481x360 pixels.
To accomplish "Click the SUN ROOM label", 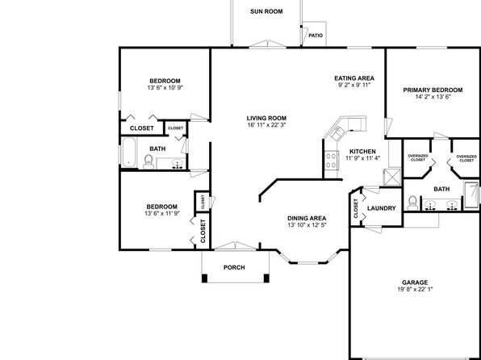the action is pyautogui.click(x=266, y=11).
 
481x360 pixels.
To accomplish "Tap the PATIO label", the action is pyautogui.click(x=316, y=36).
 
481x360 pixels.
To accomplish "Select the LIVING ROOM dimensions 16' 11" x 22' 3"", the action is pyautogui.click(x=266, y=125).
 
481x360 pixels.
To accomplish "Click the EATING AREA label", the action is pyautogui.click(x=354, y=78).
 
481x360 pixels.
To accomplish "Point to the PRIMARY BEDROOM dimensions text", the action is pyautogui.click(x=433, y=97).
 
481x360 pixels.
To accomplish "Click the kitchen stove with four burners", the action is pyautogui.click(x=332, y=160).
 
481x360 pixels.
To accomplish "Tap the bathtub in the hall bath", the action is pyautogui.click(x=129, y=153).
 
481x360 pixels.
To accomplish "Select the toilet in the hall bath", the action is pyautogui.click(x=148, y=161).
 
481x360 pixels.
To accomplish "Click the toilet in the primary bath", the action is pyautogui.click(x=412, y=203).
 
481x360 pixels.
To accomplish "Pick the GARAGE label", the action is pyautogui.click(x=415, y=283).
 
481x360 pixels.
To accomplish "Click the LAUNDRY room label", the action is pyautogui.click(x=382, y=208).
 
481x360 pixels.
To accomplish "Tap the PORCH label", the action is pyautogui.click(x=234, y=268).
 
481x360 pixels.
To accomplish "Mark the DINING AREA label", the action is pyautogui.click(x=307, y=218).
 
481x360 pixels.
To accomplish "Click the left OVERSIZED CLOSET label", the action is pyautogui.click(x=418, y=158).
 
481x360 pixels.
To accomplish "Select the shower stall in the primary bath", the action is pyautogui.click(x=471, y=195).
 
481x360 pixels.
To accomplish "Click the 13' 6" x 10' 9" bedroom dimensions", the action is pyautogui.click(x=165, y=87).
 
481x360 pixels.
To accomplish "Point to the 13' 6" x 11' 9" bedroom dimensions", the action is pyautogui.click(x=162, y=213).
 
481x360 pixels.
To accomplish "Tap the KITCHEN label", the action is pyautogui.click(x=362, y=152).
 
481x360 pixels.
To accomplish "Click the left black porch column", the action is pyautogui.click(x=204, y=278).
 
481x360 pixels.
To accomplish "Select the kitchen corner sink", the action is pyautogui.click(x=338, y=132).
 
